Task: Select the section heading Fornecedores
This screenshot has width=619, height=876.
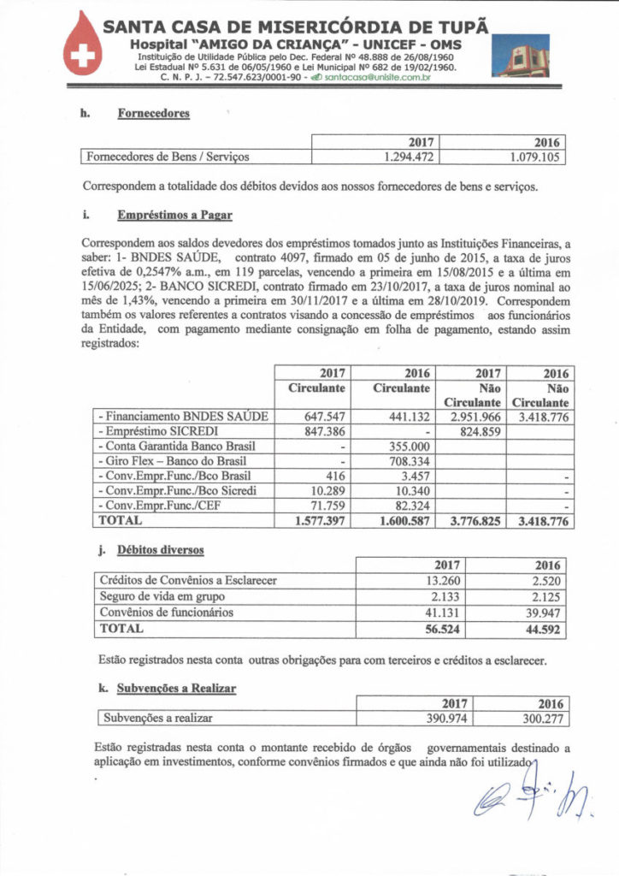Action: click(153, 113)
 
